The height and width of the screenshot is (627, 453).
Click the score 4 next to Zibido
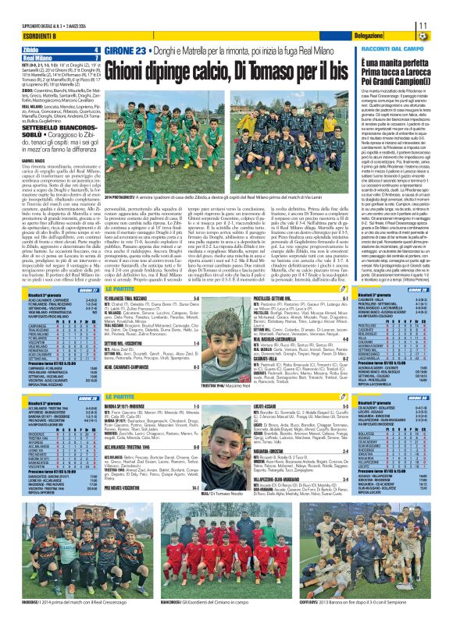point(96,50)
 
